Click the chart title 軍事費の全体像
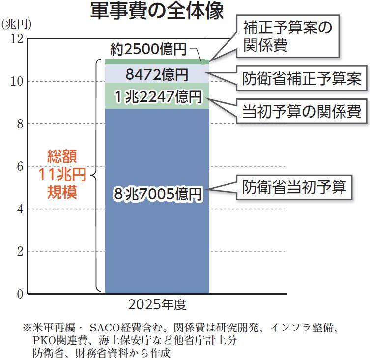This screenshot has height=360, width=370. tap(157, 11)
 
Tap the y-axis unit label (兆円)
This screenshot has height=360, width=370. tap(17, 24)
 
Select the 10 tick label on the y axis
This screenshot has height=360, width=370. tap(16, 81)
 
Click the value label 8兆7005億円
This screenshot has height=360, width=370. tap(157, 194)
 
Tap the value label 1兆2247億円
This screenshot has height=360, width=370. tap(157, 97)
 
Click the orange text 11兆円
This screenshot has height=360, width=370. tap(62, 175)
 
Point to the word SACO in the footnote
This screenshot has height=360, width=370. tap(104, 327)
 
